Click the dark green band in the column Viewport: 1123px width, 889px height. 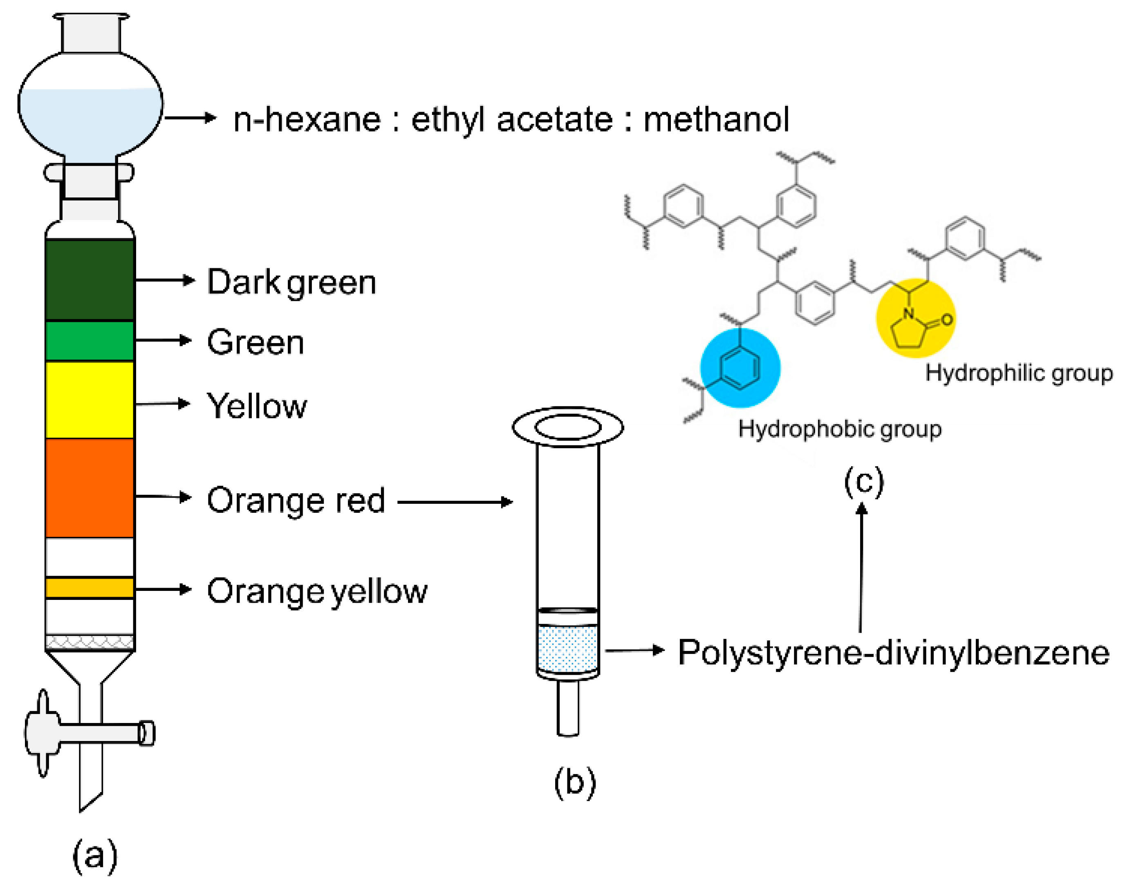pos(90,280)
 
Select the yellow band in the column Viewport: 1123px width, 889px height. pos(90,400)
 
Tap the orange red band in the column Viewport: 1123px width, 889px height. pos(90,488)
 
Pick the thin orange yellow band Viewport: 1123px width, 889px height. pos(90,588)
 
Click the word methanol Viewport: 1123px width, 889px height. pos(716,120)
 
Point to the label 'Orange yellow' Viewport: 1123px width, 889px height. pos(317,591)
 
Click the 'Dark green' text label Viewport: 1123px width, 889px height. pos(291,283)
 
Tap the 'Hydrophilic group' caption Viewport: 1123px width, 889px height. pos(1018,373)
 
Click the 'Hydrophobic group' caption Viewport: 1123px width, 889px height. pos(839,429)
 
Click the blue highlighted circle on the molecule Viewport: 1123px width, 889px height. pos(740,368)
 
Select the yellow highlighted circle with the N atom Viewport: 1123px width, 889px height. pos(915,319)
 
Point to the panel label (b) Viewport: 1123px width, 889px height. pos(574,782)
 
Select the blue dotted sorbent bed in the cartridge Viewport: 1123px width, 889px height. pos(568,649)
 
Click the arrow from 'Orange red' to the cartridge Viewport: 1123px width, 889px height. pos(455,502)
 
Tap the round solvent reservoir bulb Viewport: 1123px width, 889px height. pos(90,104)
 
